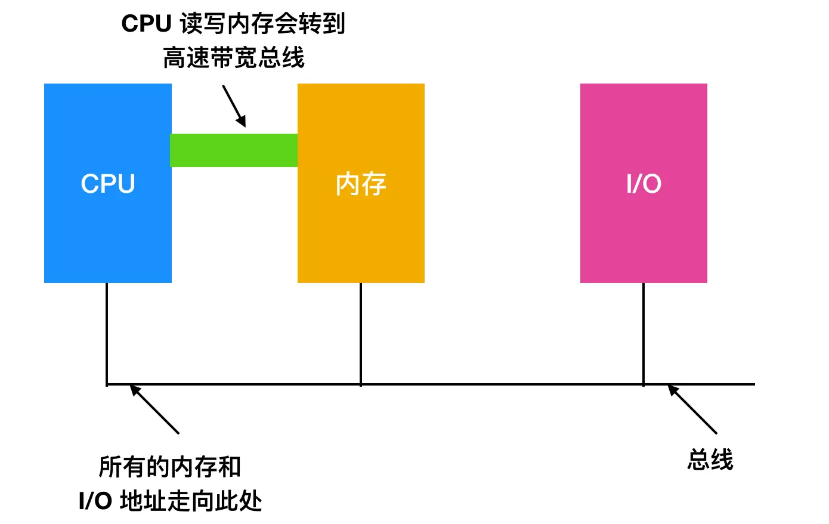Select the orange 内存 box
click(361, 239)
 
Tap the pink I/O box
click(644, 239)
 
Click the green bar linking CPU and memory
click(234, 150)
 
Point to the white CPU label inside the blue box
click(108, 184)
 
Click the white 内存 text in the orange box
click(361, 184)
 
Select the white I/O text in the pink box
click(644, 184)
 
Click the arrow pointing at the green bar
click(234, 106)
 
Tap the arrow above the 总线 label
click(692, 409)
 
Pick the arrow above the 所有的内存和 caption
click(154, 409)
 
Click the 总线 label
click(710, 460)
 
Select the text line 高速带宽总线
click(234, 58)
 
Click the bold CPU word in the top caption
click(146, 24)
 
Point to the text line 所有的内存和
click(170, 467)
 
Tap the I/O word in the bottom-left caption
click(95, 501)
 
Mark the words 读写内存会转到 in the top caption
click(262, 24)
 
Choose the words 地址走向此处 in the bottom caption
click(191, 501)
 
